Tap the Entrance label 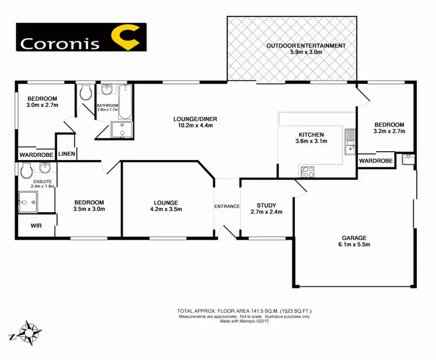(227, 206)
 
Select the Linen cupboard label (67, 153)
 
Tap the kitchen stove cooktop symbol (307, 172)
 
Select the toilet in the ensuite (25, 170)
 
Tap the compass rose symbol (27, 333)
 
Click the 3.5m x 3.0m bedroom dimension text (89, 209)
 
